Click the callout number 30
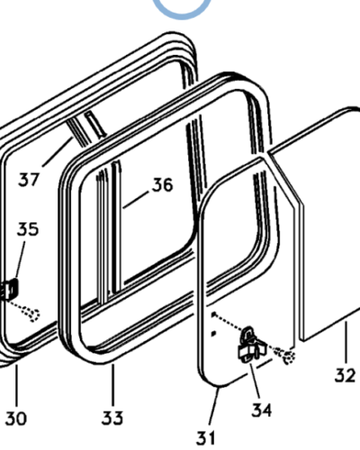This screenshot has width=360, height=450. pyautogui.click(x=16, y=418)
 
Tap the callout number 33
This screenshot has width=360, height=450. pyautogui.click(x=112, y=418)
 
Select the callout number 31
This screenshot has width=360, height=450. pyautogui.click(x=206, y=437)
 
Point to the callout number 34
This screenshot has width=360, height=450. pyautogui.click(x=261, y=409)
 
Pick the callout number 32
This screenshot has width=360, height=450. pyautogui.click(x=346, y=375)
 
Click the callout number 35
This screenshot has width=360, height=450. pyautogui.click(x=28, y=229)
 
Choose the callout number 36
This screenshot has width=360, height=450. pyautogui.click(x=163, y=184)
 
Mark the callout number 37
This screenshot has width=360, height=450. pyautogui.click(x=29, y=179)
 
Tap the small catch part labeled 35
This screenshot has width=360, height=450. pyautogui.click(x=9, y=289)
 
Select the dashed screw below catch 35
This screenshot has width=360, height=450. pyautogui.click(x=31, y=314)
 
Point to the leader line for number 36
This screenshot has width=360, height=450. pyautogui.click(x=136, y=200)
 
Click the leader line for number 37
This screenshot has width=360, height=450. pyautogui.click(x=58, y=152)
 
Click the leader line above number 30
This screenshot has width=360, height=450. pyautogui.click(x=17, y=385)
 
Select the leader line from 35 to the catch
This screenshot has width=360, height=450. pyautogui.click(x=21, y=259)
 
